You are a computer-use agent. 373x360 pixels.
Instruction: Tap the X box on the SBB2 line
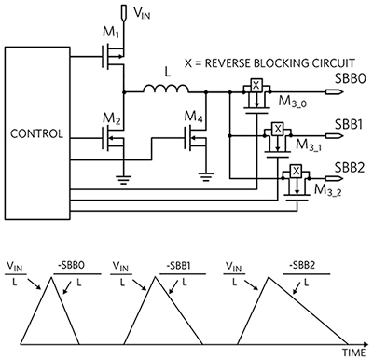296,171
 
